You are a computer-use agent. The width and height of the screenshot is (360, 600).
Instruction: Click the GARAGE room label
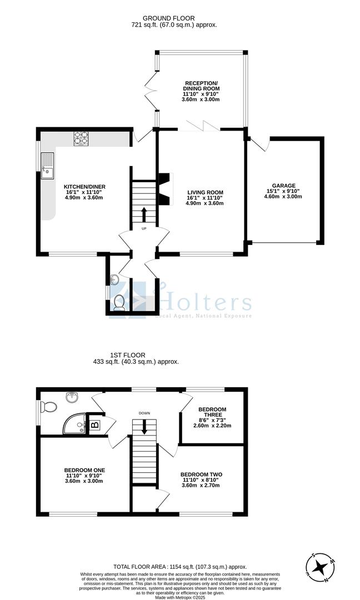(283, 186)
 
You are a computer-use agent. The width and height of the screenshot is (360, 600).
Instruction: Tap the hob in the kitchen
(81, 138)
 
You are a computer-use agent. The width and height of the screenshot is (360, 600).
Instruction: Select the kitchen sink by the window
(47, 166)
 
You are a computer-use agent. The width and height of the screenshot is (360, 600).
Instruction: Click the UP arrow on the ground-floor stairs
(144, 214)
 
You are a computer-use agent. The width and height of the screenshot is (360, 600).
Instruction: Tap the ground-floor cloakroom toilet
(119, 302)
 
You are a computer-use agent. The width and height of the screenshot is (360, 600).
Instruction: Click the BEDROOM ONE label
(84, 470)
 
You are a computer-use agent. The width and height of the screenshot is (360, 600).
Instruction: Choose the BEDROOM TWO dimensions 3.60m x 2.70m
(201, 485)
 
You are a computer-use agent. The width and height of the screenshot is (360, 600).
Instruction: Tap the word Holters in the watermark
(206, 303)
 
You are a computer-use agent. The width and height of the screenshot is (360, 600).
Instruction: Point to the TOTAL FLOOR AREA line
(179, 561)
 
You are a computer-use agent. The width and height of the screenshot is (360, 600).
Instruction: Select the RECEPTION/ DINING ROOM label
(201, 86)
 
